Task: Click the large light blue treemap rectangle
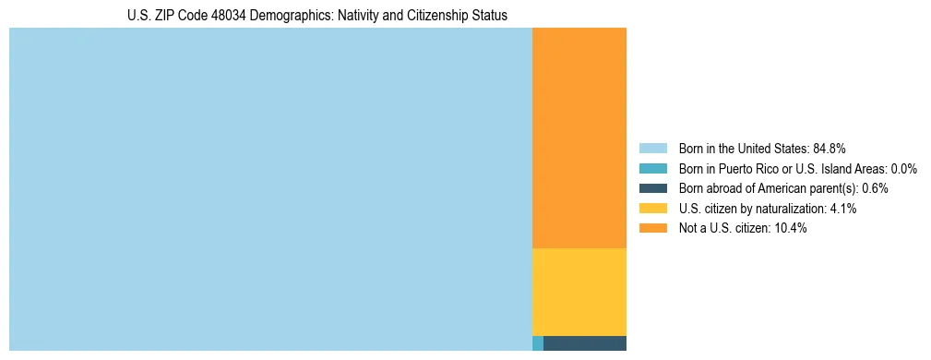[x=270, y=189]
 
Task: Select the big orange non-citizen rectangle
[x=579, y=138]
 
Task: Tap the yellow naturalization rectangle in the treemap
[x=579, y=292]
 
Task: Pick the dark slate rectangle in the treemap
[x=585, y=343]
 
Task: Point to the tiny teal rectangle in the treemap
[x=538, y=343]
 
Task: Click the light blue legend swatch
[x=652, y=149]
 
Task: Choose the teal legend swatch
[x=652, y=169]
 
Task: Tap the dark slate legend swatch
[x=652, y=188]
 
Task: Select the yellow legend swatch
[x=652, y=209]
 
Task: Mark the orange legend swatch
[x=652, y=228]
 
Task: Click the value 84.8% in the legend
[x=830, y=149]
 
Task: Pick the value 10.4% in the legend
[x=792, y=228]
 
